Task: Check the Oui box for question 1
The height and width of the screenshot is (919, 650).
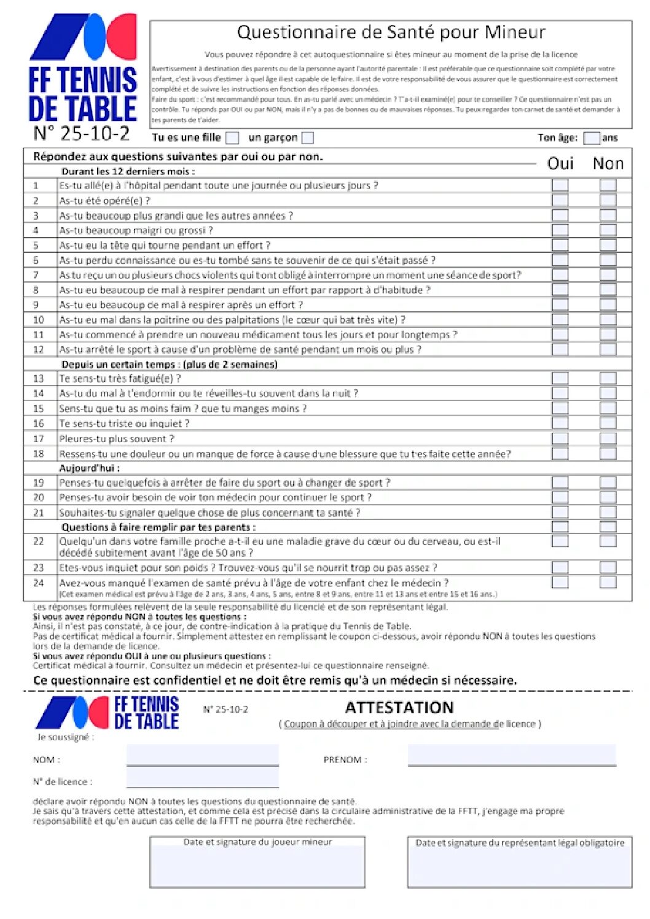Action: (560, 185)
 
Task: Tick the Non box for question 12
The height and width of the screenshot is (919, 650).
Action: (608, 349)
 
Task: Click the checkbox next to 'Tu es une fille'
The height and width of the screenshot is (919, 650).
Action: (232, 138)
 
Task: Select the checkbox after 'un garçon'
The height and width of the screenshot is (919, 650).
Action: (308, 138)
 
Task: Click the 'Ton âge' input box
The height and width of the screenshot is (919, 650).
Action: (591, 138)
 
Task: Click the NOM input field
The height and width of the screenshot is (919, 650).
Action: (202, 755)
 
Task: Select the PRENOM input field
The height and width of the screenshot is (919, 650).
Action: (511, 755)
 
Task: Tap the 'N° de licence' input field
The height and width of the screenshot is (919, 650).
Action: (202, 778)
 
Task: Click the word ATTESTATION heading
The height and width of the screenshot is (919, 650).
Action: (399, 707)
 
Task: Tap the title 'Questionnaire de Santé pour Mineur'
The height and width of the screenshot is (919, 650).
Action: (391, 32)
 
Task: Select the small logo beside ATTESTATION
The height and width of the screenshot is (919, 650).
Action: (108, 713)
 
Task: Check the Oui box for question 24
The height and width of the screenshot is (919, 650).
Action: (560, 582)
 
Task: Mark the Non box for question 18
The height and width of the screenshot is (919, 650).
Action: (608, 453)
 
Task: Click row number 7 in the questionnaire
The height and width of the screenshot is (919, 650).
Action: (36, 275)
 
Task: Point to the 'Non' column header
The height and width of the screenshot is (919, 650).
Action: (608, 163)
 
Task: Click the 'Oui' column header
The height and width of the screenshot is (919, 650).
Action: (560, 163)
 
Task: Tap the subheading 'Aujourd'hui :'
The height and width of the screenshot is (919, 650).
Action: (90, 468)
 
